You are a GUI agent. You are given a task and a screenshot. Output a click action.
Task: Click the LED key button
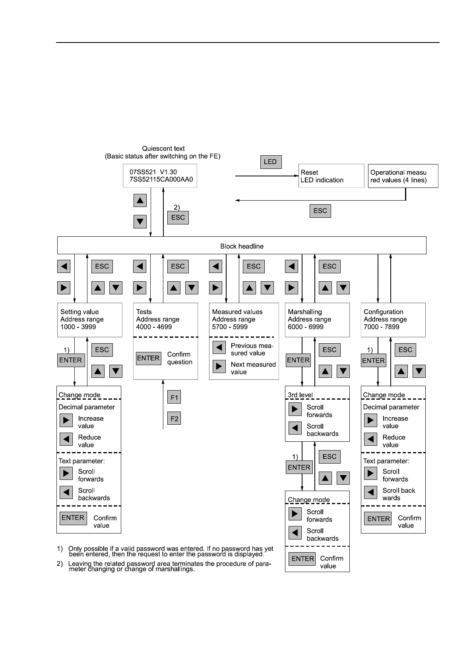coord(270,162)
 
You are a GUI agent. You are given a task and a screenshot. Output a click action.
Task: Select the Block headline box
coord(242,246)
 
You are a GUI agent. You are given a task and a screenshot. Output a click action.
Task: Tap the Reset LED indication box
coord(331,176)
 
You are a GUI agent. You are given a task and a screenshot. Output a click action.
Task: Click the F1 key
coord(174,397)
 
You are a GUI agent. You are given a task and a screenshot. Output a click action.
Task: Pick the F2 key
coord(174,418)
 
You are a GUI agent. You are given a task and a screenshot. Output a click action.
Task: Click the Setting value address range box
coord(89,320)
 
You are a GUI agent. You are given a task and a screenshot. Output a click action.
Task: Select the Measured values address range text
coord(237,319)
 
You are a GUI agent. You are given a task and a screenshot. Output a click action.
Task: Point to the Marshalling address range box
coord(317,320)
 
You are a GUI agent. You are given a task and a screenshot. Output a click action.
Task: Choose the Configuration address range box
coord(393,320)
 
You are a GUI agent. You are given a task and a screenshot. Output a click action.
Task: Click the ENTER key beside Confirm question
coord(148,358)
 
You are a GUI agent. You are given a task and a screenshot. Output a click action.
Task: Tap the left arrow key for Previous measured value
coord(219,347)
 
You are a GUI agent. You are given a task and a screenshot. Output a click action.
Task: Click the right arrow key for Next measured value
coord(219,366)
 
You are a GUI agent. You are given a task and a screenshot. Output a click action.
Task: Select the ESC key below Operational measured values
coord(320,211)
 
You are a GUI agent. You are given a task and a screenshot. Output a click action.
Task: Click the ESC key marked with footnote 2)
coord(178,217)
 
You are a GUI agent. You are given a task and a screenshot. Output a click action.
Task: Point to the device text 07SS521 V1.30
coord(153,172)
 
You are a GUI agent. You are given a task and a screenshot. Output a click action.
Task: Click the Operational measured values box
coord(403,176)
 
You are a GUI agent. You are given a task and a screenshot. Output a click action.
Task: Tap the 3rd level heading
coord(300,395)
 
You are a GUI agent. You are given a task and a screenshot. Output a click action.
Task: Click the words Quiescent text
coord(163,149)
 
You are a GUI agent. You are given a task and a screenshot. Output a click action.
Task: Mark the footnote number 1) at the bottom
coord(60,549)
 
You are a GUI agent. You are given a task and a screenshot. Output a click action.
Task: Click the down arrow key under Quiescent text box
coord(140,221)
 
